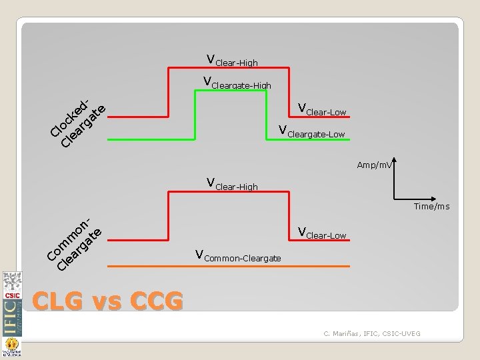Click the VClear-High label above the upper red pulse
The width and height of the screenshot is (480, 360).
click(232, 61)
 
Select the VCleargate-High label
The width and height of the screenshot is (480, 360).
click(237, 84)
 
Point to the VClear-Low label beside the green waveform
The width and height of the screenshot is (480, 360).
click(322, 109)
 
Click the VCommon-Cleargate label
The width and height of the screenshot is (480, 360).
click(238, 255)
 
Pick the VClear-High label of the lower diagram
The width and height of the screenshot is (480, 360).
click(232, 184)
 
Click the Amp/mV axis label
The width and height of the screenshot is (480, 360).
click(375, 165)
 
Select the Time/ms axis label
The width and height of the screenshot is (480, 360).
click(431, 207)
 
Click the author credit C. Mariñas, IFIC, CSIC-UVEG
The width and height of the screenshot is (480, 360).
click(372, 333)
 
